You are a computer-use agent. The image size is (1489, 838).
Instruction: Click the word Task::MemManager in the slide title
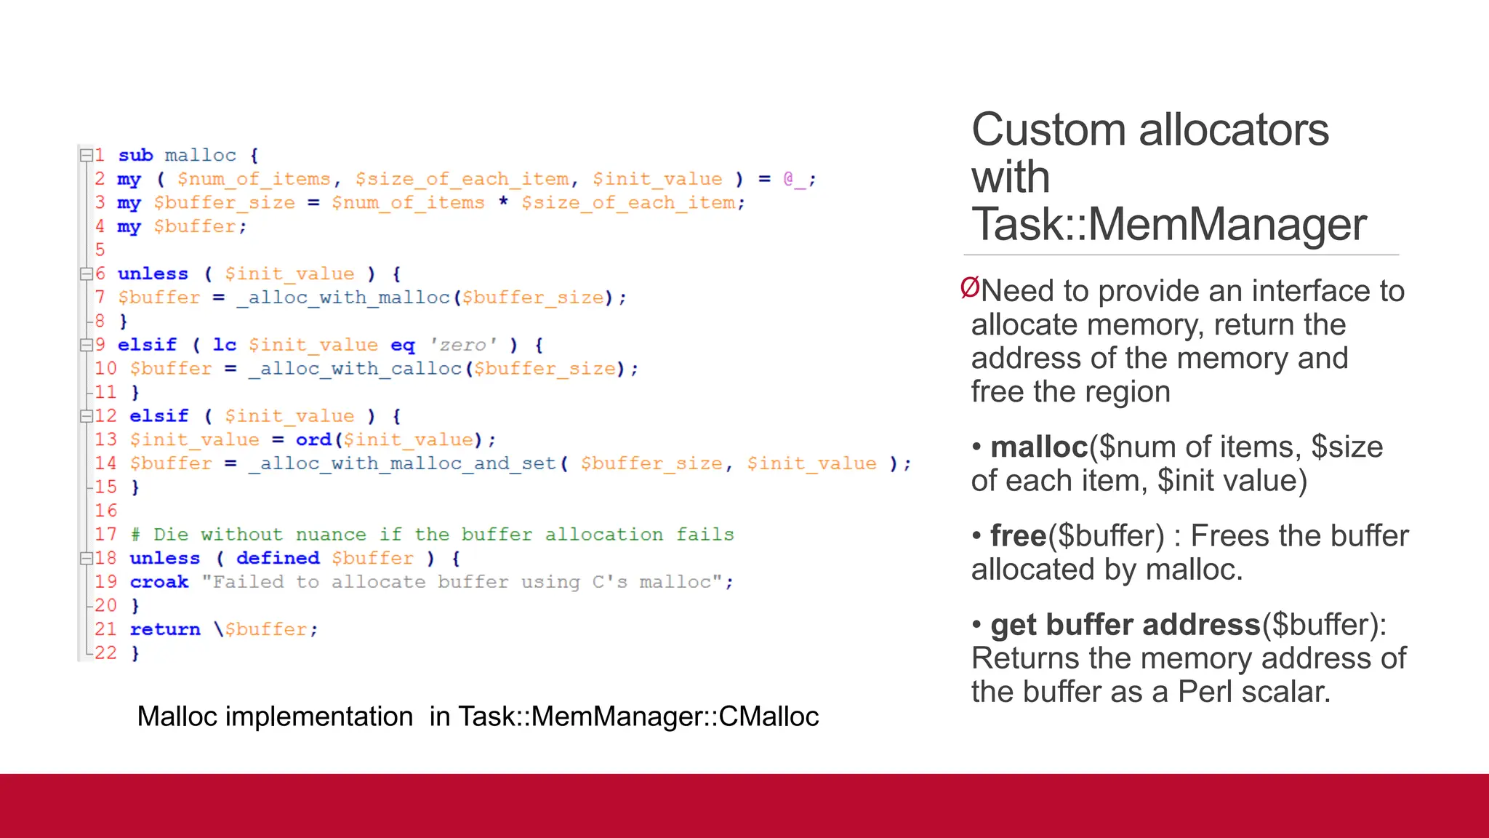point(1168,224)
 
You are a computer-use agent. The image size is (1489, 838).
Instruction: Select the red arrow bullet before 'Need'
point(969,288)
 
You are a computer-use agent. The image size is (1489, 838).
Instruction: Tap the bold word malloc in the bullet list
point(1039,447)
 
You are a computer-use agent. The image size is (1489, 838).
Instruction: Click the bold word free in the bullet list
point(1018,536)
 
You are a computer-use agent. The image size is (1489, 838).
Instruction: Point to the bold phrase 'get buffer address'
point(1125,625)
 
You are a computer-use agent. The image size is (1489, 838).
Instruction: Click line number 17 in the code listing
point(105,535)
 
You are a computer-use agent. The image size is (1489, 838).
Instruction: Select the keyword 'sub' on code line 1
point(135,156)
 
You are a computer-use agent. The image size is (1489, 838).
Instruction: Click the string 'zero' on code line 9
point(462,345)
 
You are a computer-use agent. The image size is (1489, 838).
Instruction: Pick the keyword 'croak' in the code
point(159,582)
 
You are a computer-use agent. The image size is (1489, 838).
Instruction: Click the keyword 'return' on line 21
point(165,629)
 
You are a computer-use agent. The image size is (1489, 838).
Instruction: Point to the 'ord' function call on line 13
point(313,440)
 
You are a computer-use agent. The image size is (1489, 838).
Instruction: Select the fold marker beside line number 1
point(86,155)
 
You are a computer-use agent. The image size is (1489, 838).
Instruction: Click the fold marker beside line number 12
point(87,416)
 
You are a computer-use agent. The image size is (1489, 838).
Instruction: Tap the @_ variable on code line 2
point(793,179)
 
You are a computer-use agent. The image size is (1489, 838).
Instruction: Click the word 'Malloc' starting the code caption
point(177,717)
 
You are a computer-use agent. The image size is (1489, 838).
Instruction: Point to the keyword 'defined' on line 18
point(278,558)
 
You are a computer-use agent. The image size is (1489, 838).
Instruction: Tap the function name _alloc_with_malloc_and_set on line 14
point(402,464)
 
